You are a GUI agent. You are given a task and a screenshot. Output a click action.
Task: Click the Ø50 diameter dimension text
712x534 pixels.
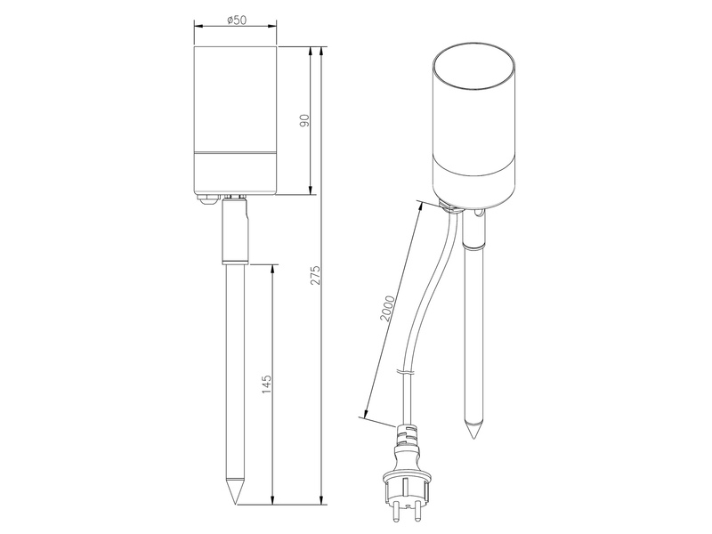[236, 19]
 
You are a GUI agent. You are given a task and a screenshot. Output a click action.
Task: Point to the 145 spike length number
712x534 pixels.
[267, 384]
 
